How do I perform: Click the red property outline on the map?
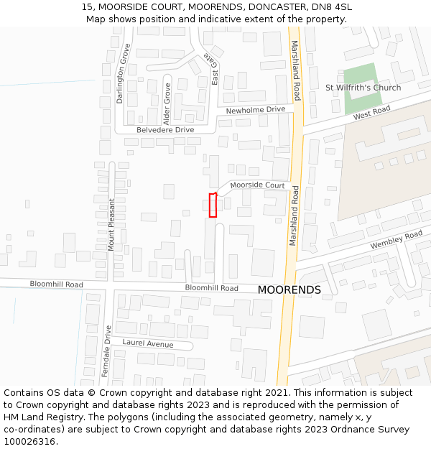coord(213,205)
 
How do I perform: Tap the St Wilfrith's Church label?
coord(363,88)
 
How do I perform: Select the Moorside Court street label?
coord(257,185)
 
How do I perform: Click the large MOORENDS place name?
coord(289,290)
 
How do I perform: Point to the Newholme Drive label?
coord(255,110)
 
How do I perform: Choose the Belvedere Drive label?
coord(165,129)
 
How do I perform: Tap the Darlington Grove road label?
coord(125,74)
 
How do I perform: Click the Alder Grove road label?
coord(167,101)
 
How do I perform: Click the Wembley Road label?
coord(396,240)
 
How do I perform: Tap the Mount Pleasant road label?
coord(111,224)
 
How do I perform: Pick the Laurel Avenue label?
coord(147,344)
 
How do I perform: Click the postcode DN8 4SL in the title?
coord(333,7)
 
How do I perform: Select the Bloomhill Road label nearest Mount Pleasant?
coord(56,284)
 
